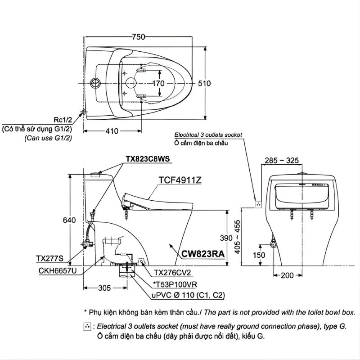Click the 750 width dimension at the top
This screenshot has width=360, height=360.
click(139, 38)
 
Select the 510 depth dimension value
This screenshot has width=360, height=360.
click(204, 83)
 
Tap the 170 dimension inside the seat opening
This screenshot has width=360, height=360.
click(157, 83)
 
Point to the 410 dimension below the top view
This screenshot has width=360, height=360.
click(112, 131)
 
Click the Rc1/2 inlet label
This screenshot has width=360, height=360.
click(63, 120)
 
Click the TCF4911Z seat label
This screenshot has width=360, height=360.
click(180, 180)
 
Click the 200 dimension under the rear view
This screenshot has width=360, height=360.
click(288, 275)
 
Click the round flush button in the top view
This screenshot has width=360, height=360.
click(95, 83)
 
